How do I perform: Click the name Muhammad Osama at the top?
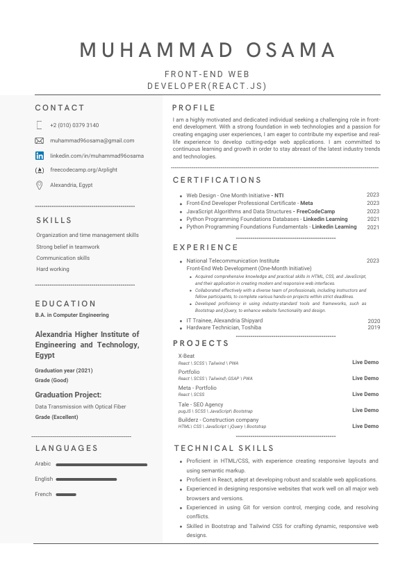click(x=207, y=50)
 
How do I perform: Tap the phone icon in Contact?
click(x=39, y=125)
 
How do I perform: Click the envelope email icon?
click(x=39, y=140)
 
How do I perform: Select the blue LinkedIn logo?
click(x=39, y=156)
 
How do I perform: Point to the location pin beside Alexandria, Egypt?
click(x=39, y=185)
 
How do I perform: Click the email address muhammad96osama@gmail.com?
click(x=92, y=140)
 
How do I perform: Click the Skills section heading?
click(x=54, y=220)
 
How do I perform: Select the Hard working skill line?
click(x=53, y=269)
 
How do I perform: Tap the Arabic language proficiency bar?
click(x=101, y=464)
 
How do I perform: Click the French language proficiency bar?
click(x=66, y=495)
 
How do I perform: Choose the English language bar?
click(x=86, y=479)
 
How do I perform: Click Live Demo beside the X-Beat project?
click(x=365, y=362)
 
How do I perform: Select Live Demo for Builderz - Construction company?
click(x=365, y=426)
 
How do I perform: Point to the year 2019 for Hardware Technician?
click(x=373, y=327)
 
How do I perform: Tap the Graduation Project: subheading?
click(x=68, y=395)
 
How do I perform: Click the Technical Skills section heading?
click(x=224, y=448)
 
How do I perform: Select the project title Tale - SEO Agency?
click(x=201, y=404)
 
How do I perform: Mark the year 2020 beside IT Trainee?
click(x=373, y=320)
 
